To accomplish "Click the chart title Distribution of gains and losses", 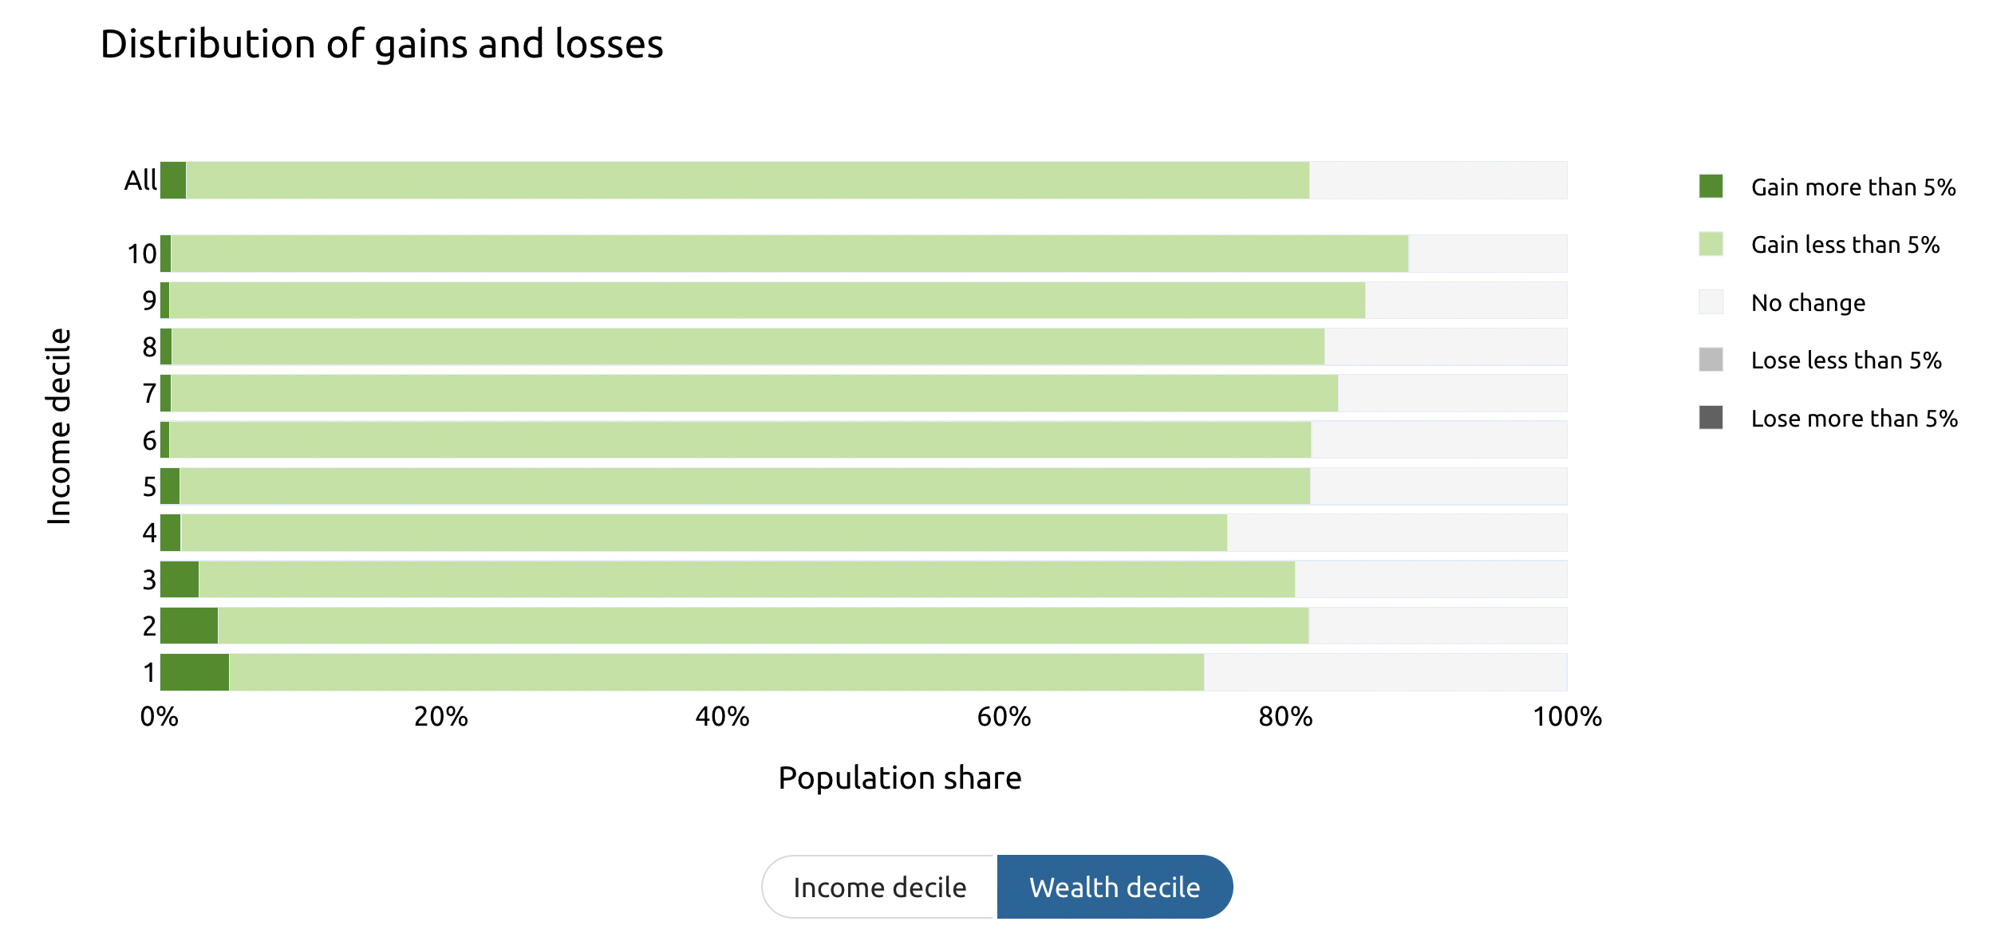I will pyautogui.click(x=381, y=44).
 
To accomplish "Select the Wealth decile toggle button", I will pyautogui.click(x=1114, y=887).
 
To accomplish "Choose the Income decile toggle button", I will pyautogui.click(x=879, y=887).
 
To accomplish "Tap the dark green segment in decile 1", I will pyautogui.click(x=195, y=672).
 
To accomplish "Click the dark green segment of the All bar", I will pyautogui.click(x=173, y=180).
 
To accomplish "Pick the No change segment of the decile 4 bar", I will pyautogui.click(x=1396, y=533).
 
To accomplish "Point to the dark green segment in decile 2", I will pyautogui.click(x=189, y=626).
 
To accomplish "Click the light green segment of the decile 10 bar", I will pyautogui.click(x=790, y=254).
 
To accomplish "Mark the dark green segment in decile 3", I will pyautogui.click(x=180, y=580).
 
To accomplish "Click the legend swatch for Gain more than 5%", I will pyautogui.click(x=1711, y=187).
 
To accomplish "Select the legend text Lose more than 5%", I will pyautogui.click(x=1853, y=418).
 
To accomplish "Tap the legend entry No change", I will pyautogui.click(x=1807, y=303).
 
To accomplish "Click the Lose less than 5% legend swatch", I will pyautogui.click(x=1711, y=360).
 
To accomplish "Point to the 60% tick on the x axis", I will pyautogui.click(x=1004, y=716).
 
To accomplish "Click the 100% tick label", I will pyautogui.click(x=1566, y=716).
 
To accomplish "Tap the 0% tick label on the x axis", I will pyautogui.click(x=160, y=716).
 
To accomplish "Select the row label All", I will pyautogui.click(x=140, y=180).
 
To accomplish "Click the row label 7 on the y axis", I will pyautogui.click(x=149, y=393).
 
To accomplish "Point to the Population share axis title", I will pyautogui.click(x=899, y=778).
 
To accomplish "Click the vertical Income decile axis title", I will pyautogui.click(x=59, y=426).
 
